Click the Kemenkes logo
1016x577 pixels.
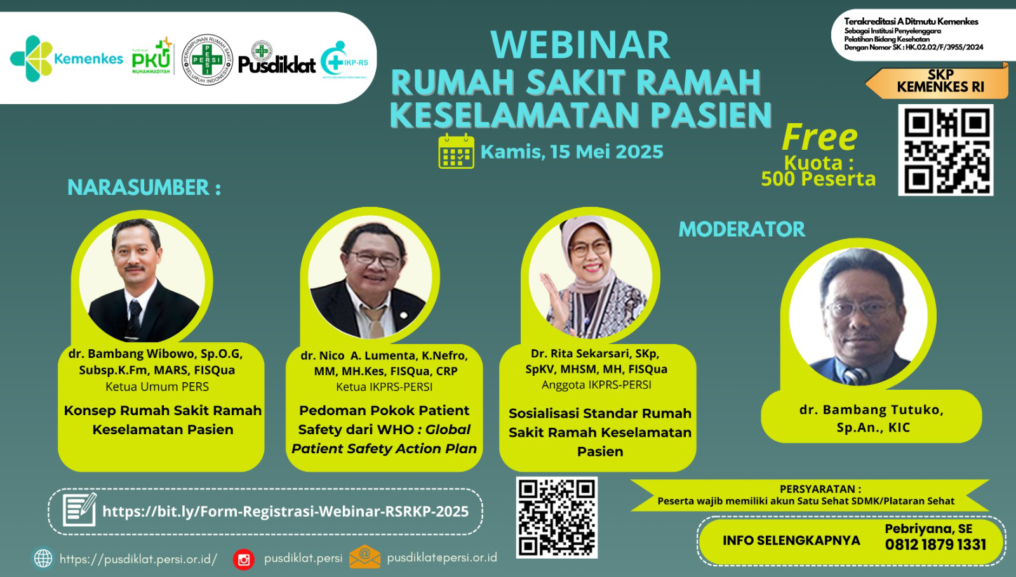[66, 58]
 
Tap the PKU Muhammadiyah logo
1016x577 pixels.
[152, 56]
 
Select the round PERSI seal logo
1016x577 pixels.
[207, 60]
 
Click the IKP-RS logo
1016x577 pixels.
[344, 60]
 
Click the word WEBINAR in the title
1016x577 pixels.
[580, 45]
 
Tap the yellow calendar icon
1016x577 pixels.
[457, 151]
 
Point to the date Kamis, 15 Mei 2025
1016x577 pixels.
[572, 152]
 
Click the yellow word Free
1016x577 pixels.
[820, 137]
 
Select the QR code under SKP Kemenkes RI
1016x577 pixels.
[946, 150]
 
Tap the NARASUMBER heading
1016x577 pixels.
[144, 187]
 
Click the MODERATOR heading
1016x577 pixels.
[742, 229]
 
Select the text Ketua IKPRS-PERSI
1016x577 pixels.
[384, 387]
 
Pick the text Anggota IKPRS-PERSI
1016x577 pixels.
[596, 385]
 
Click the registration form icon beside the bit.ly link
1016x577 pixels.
[80, 510]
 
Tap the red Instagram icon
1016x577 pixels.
[244, 559]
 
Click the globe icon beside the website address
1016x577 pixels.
[43, 559]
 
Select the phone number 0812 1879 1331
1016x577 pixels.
[935, 545]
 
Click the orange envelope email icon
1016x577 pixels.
[364, 557]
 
